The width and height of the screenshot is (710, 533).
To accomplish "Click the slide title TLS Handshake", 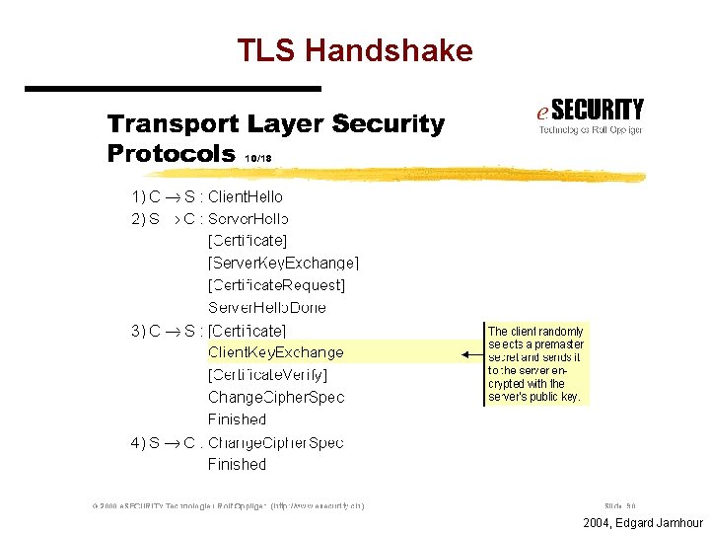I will click(x=355, y=51).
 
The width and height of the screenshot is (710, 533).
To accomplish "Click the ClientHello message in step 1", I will click(x=245, y=197).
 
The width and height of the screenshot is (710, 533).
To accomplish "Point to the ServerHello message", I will click(x=248, y=219).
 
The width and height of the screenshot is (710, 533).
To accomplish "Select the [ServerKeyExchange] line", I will click(x=283, y=263).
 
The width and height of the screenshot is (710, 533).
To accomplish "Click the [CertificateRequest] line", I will click(x=276, y=285).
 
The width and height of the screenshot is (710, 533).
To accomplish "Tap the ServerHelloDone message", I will click(x=266, y=308).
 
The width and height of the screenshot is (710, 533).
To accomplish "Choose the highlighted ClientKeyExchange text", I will click(x=275, y=352).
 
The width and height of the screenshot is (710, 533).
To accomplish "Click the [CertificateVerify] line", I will click(x=267, y=375).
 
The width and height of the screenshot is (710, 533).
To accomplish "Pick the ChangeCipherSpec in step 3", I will click(x=275, y=398).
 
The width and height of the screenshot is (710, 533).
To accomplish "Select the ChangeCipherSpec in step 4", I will click(x=275, y=443).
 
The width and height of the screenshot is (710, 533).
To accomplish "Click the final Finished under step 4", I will click(x=237, y=465).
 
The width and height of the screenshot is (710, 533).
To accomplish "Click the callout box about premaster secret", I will click(x=535, y=364).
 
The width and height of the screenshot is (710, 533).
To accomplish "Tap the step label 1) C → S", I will click(x=163, y=197).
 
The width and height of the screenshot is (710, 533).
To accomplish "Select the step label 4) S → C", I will click(x=163, y=443).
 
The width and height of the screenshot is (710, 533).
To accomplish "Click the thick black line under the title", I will click(x=173, y=89).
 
